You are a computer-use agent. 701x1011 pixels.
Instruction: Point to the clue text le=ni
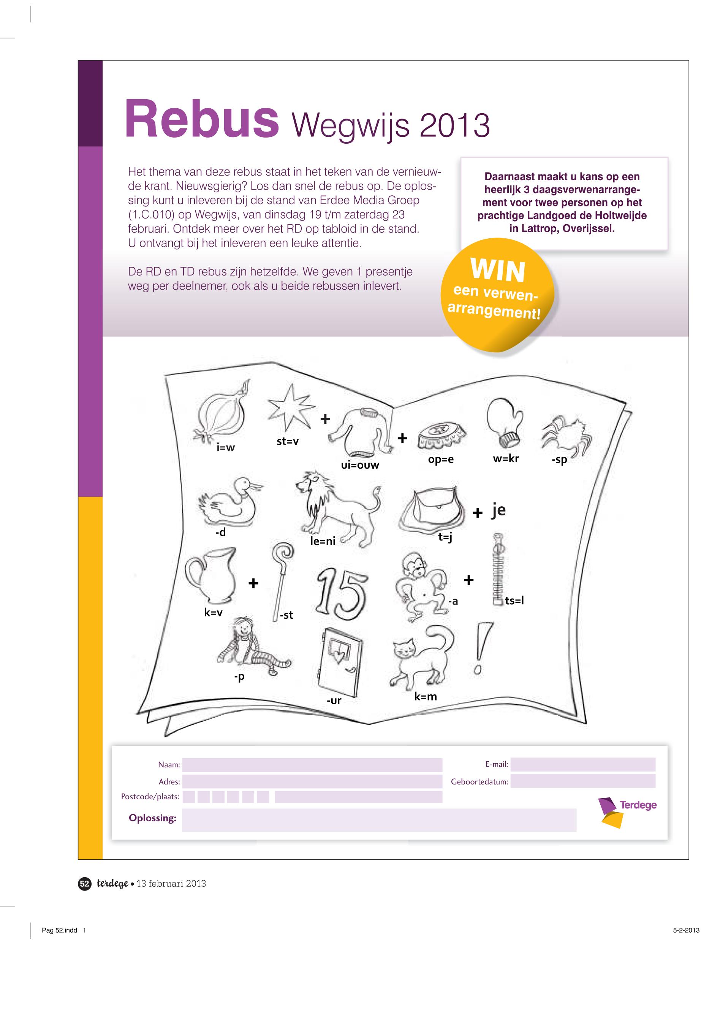click(x=323, y=541)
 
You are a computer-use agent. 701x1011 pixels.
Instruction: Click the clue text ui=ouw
click(x=360, y=465)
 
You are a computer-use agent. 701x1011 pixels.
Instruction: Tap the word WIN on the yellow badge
click(x=498, y=270)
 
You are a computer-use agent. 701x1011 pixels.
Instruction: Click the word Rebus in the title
click(x=202, y=118)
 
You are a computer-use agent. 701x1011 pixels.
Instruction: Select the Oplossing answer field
click(x=379, y=820)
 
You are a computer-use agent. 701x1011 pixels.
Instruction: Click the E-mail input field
click(x=583, y=764)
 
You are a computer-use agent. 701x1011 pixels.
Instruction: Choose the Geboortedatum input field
click(x=583, y=781)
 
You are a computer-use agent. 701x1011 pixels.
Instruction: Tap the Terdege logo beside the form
click(x=627, y=811)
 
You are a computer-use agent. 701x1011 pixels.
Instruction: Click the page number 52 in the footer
click(x=84, y=884)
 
